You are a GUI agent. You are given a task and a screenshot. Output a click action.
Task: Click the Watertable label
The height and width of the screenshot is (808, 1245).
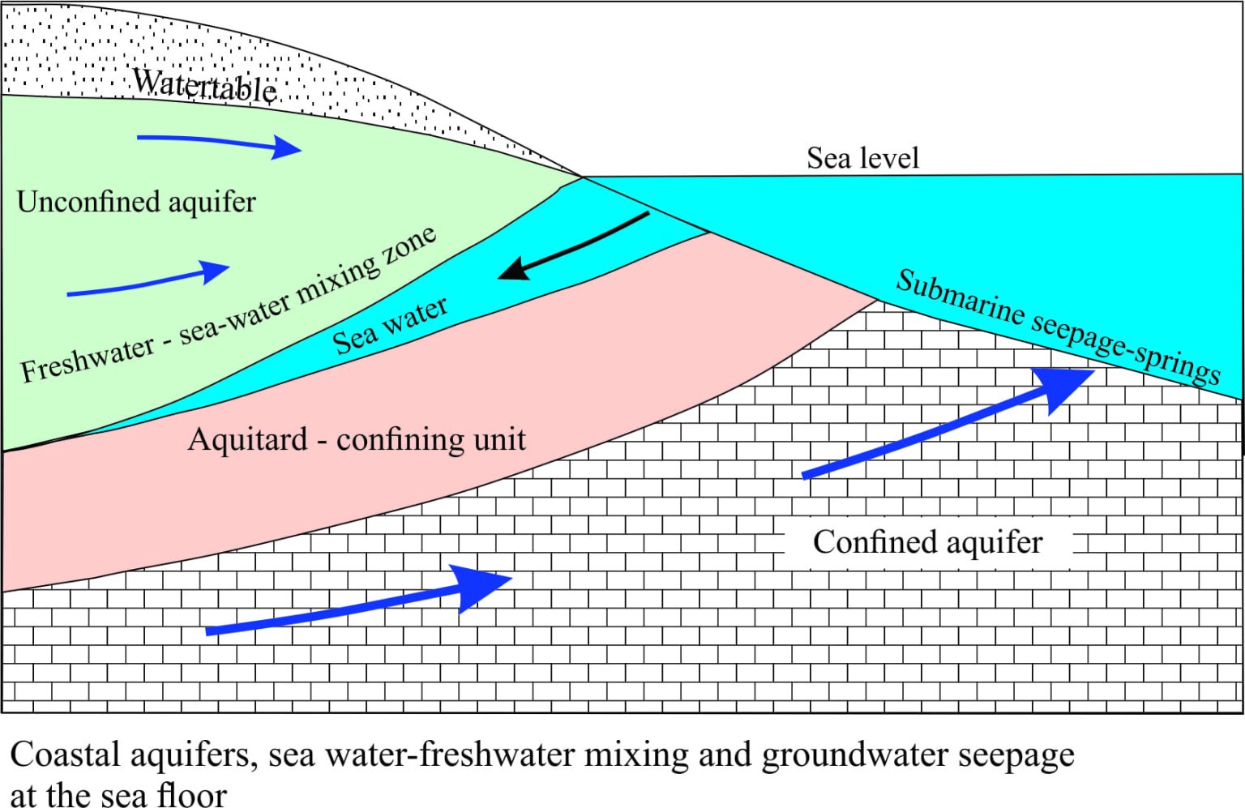coord(204,86)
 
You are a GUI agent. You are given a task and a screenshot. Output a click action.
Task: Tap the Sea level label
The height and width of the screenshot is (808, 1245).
coord(862,158)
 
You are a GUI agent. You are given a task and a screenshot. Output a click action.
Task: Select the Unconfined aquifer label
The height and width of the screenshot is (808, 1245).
coord(136,202)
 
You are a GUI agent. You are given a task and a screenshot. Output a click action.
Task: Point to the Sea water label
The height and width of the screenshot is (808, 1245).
coord(390,327)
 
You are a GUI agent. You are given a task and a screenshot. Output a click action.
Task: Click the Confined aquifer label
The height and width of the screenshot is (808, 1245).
coord(927,542)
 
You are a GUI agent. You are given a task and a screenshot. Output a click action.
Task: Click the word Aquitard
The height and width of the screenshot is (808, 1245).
coord(248,439)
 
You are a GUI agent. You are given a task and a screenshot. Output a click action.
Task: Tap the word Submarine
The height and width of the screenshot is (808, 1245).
coord(960,298)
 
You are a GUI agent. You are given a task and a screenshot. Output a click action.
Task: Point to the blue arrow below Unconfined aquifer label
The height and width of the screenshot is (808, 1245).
coord(148,280)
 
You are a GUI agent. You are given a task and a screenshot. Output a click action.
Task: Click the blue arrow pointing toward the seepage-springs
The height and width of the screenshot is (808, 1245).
coord(948,423)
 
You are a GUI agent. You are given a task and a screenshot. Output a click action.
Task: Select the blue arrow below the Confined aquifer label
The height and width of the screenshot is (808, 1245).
coord(358,601)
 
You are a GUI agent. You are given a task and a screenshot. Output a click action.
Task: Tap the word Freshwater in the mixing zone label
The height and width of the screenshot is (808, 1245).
coord(88,360)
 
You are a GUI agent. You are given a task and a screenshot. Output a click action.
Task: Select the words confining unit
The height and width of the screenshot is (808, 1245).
coord(430,440)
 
